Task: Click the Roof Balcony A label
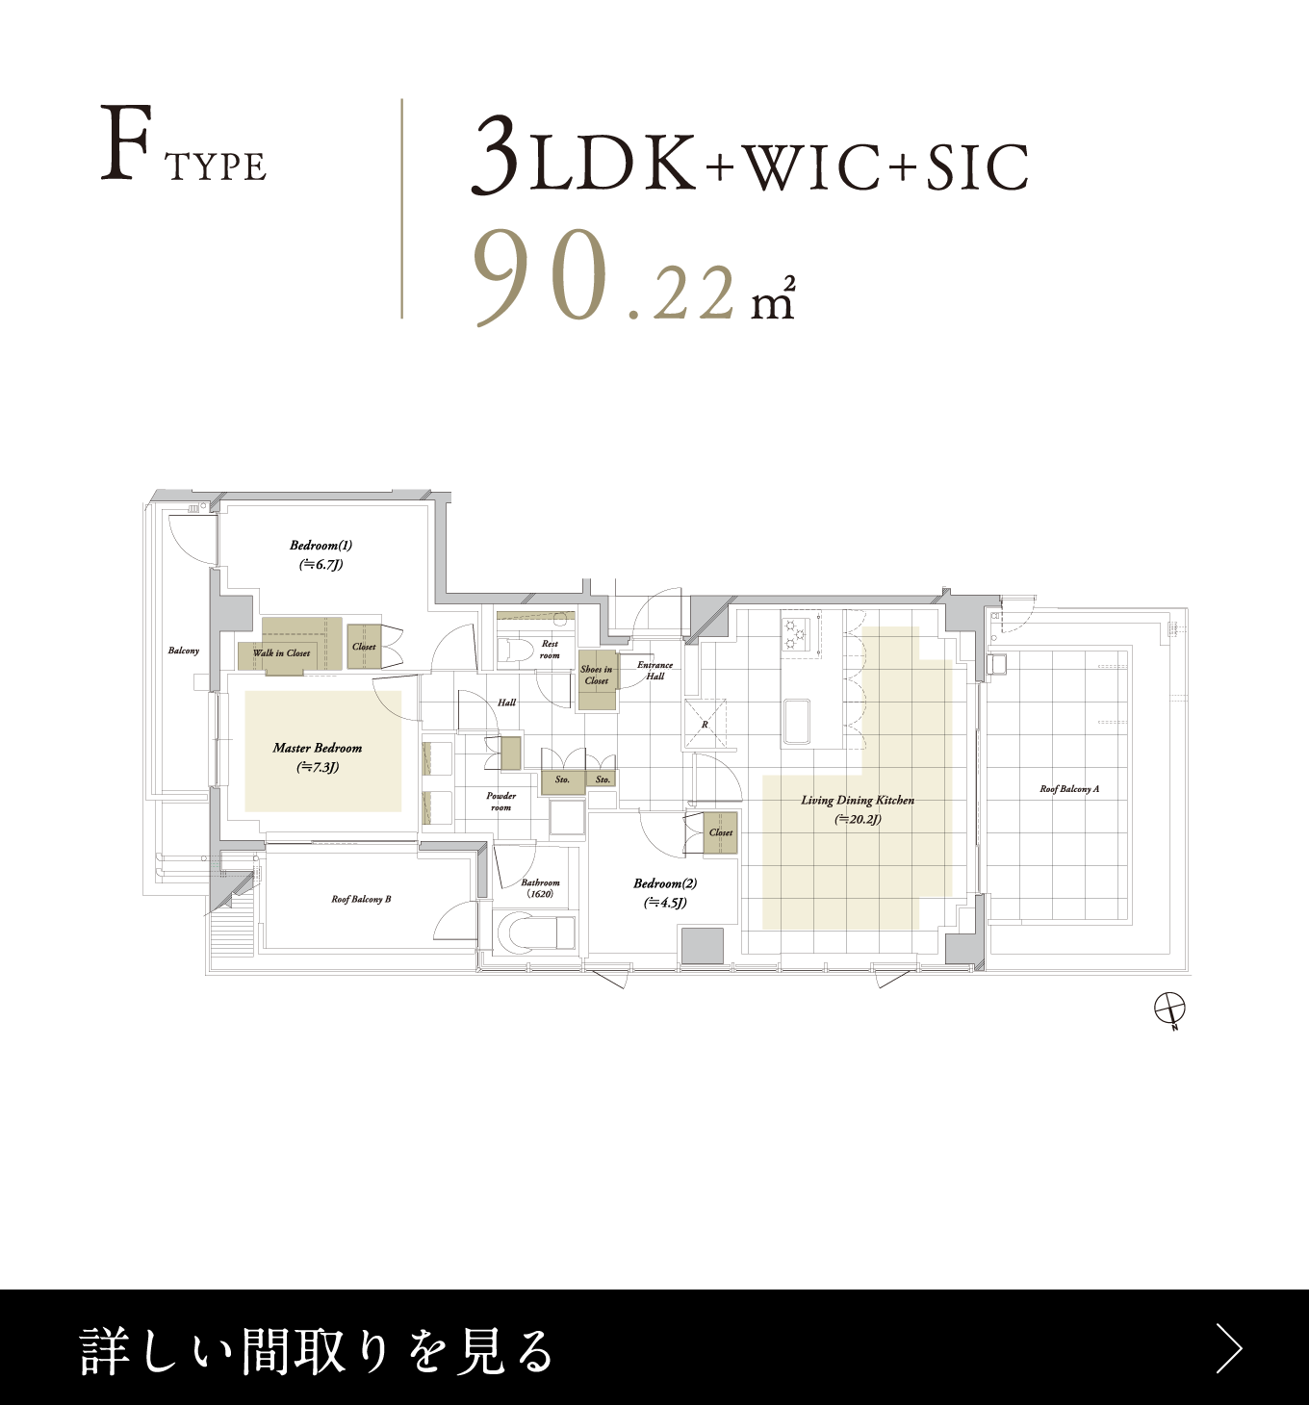point(1069,789)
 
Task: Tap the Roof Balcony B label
point(361,899)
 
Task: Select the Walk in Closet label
point(282,653)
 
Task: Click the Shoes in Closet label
point(597,675)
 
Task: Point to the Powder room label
point(500,802)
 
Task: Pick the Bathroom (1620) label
point(540,888)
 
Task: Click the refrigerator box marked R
point(705,724)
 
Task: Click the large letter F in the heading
point(125,142)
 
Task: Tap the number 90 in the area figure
point(541,276)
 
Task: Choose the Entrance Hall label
point(654,671)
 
